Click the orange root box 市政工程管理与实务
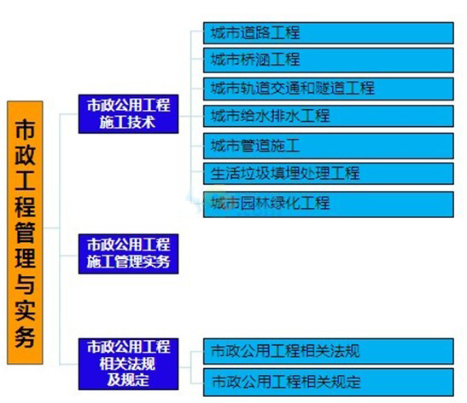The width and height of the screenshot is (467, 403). click(25, 233)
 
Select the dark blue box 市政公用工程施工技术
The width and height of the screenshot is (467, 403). click(128, 114)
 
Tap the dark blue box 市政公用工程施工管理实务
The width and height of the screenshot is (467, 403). click(128, 254)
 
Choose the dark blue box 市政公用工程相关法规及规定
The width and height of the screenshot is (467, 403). click(128, 364)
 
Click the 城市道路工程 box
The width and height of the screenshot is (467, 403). click(329, 32)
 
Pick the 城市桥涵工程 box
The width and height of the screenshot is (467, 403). click(329, 60)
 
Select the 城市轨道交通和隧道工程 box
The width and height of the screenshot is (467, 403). click(329, 89)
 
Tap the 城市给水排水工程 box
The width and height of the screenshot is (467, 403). click(329, 116)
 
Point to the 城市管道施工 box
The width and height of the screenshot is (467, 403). click(329, 146)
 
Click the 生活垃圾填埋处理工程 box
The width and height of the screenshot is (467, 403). click(329, 173)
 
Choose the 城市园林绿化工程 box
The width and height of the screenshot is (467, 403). click(329, 204)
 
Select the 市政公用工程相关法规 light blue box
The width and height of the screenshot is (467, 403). click(329, 351)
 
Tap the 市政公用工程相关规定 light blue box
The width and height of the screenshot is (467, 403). click(329, 382)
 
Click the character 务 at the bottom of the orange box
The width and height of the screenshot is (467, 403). click(25, 337)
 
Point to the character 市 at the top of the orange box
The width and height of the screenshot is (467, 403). click(25, 130)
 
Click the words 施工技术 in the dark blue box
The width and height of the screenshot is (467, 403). click(127, 122)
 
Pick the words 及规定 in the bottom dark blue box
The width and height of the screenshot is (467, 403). click(128, 379)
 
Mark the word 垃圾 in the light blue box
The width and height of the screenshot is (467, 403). click(255, 173)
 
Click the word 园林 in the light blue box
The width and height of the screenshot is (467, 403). click(255, 204)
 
